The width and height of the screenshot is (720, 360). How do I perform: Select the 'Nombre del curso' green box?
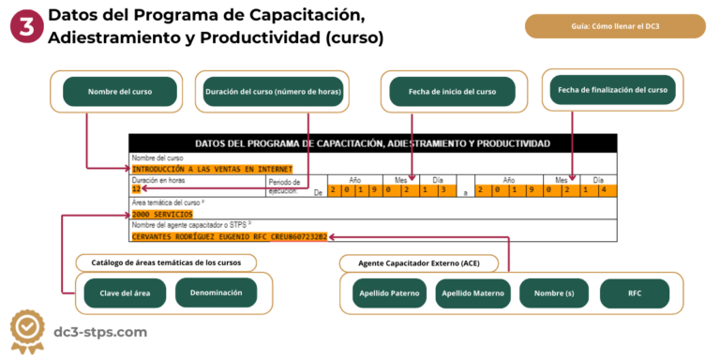(120, 92)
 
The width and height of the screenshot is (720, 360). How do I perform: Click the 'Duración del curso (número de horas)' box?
(272, 92)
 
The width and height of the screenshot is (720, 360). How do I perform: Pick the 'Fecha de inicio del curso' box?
(453, 92)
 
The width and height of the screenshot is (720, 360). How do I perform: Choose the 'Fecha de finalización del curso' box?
(613, 90)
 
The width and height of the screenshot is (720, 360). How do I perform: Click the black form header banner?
(373, 143)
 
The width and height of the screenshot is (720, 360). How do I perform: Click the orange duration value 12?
(136, 188)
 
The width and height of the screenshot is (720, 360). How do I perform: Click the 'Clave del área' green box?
(125, 293)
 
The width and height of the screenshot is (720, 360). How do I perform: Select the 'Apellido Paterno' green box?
(389, 293)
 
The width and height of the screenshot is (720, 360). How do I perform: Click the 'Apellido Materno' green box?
(472, 293)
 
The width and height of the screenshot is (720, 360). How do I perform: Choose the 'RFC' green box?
(635, 293)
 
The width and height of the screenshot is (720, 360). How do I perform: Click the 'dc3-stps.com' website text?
(101, 332)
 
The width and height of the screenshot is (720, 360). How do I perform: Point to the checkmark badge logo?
(28, 331)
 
